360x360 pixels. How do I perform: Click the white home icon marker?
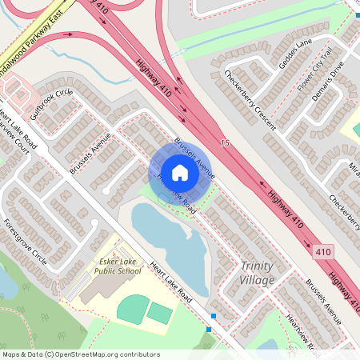tap(180, 172)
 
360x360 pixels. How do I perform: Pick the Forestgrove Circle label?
tap(25, 241)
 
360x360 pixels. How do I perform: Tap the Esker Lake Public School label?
tap(116, 266)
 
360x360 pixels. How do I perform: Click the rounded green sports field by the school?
tap(132, 305)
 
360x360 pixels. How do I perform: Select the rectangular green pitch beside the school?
tap(160, 314)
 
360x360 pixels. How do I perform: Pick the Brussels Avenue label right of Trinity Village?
tap(323, 302)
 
